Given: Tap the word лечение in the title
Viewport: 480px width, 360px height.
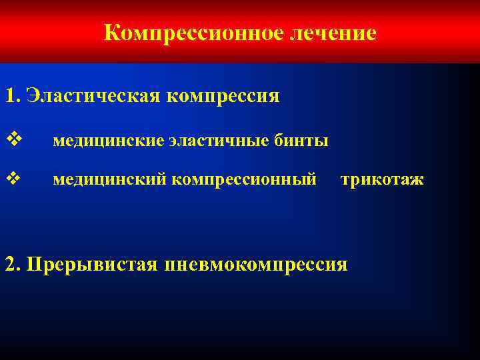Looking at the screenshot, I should click(x=333, y=33).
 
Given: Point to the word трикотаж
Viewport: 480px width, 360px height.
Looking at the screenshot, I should click(x=381, y=179).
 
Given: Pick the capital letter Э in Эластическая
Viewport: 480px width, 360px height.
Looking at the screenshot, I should click(x=33, y=96).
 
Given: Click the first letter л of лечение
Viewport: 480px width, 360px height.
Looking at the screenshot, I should click(x=295, y=34).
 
